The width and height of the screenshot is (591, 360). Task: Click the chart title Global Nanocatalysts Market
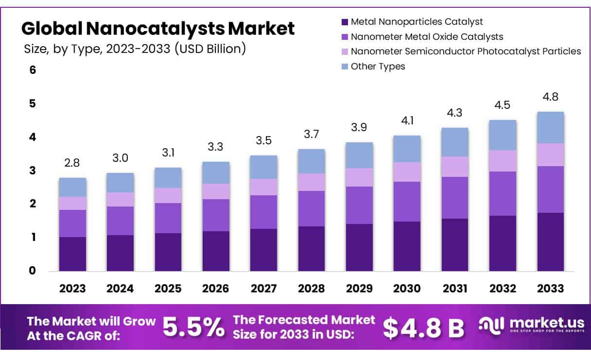click(x=158, y=29)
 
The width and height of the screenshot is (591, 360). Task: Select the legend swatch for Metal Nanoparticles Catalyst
click(x=345, y=22)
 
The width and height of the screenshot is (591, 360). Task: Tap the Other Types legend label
click(x=378, y=66)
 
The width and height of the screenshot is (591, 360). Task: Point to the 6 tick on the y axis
click(x=33, y=70)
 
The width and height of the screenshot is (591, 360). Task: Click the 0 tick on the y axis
click(x=33, y=271)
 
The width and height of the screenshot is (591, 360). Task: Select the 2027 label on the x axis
click(x=263, y=289)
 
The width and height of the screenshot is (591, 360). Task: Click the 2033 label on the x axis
click(x=551, y=289)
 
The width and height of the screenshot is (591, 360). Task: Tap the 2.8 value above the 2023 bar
click(x=72, y=163)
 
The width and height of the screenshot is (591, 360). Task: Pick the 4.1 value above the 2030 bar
click(x=407, y=120)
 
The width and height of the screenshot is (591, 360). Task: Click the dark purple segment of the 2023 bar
click(x=72, y=254)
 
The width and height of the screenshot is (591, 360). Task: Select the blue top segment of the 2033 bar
click(x=551, y=127)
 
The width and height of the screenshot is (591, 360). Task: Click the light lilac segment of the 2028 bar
click(x=312, y=182)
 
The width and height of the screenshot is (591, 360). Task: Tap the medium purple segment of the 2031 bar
click(x=454, y=198)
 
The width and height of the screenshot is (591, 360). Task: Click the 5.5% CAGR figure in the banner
click(x=193, y=327)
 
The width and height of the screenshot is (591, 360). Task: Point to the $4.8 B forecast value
click(x=423, y=328)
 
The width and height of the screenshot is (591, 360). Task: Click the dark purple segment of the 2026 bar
click(x=216, y=251)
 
